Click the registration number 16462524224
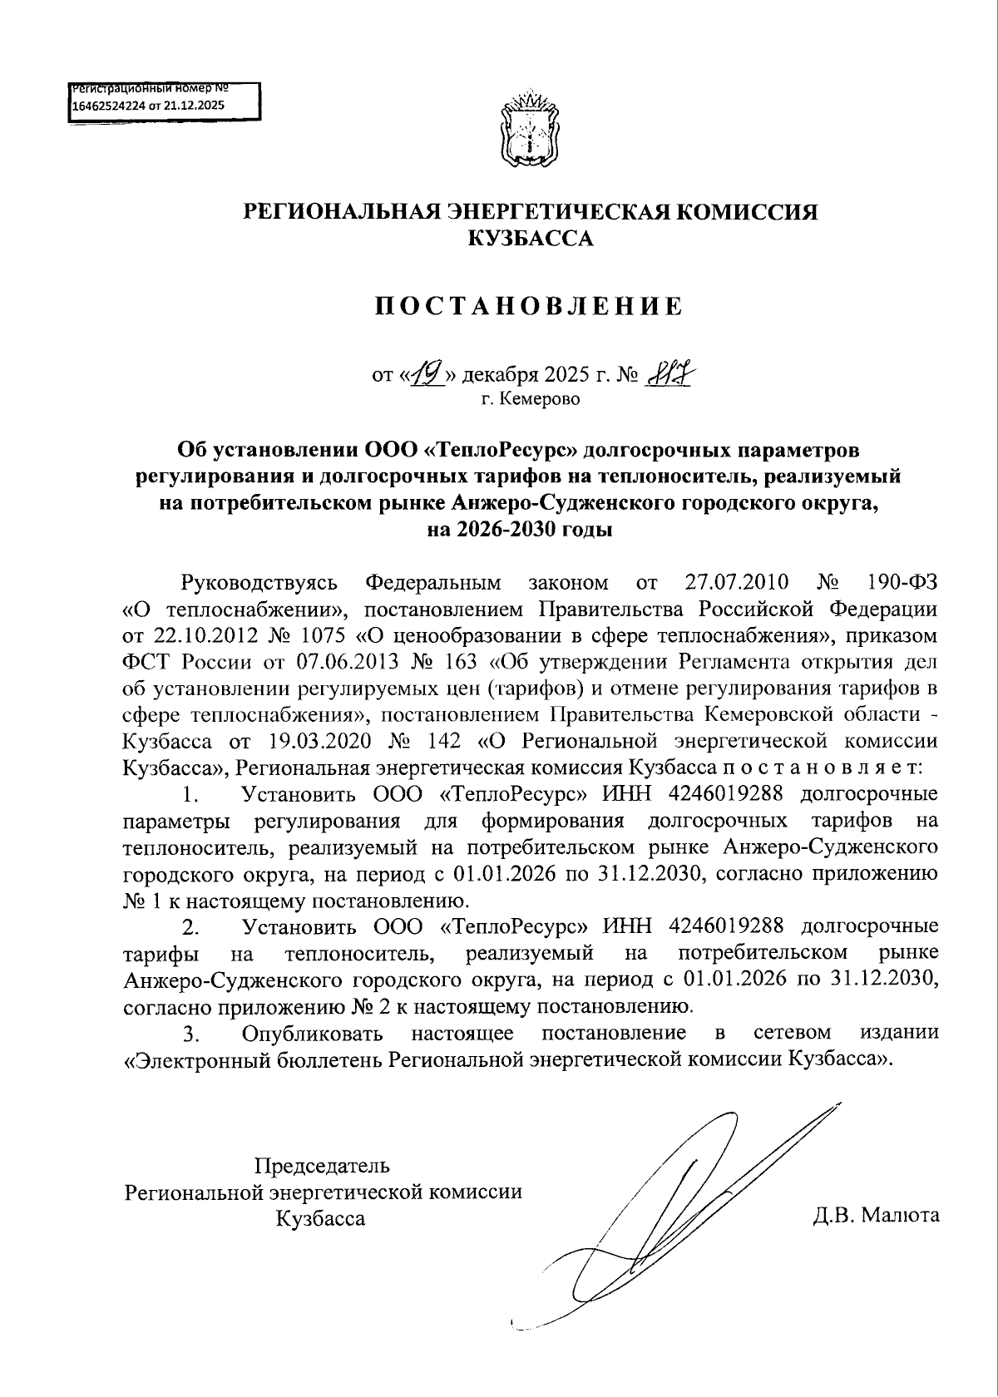[108, 106]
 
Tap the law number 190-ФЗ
[902, 582]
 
